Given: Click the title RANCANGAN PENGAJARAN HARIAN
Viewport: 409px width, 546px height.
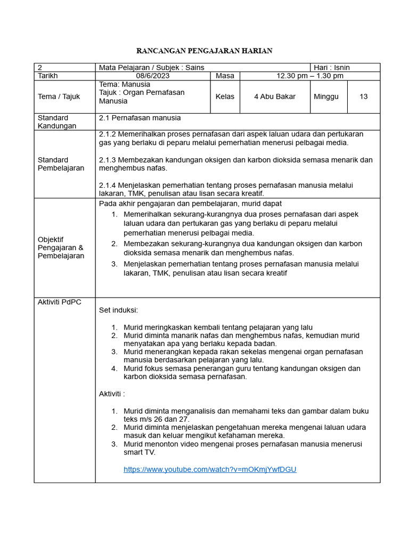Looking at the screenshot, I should [204, 51].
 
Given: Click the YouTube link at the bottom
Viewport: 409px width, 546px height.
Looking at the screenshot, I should [210, 469].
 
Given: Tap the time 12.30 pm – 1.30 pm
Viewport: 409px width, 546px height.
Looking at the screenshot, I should [309, 76].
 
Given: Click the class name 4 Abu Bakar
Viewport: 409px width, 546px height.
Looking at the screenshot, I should [275, 97].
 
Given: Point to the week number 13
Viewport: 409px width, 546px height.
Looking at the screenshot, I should [364, 97].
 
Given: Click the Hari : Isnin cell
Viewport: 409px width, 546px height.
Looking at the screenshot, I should [332, 67].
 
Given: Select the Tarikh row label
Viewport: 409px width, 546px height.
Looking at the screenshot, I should [47, 76].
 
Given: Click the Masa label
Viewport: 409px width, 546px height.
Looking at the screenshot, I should [225, 76].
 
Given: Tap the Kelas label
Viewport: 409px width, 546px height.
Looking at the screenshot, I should [225, 97].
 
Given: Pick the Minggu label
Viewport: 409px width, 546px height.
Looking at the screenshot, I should [326, 97].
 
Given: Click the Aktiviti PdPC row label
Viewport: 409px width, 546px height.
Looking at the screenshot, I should [59, 302].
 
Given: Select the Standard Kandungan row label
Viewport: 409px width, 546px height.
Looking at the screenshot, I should [53, 122].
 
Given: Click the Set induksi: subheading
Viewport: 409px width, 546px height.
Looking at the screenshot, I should [119, 310].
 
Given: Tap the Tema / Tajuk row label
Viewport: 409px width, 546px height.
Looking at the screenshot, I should [59, 97].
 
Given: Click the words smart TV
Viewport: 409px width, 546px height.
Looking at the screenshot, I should [140, 452].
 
